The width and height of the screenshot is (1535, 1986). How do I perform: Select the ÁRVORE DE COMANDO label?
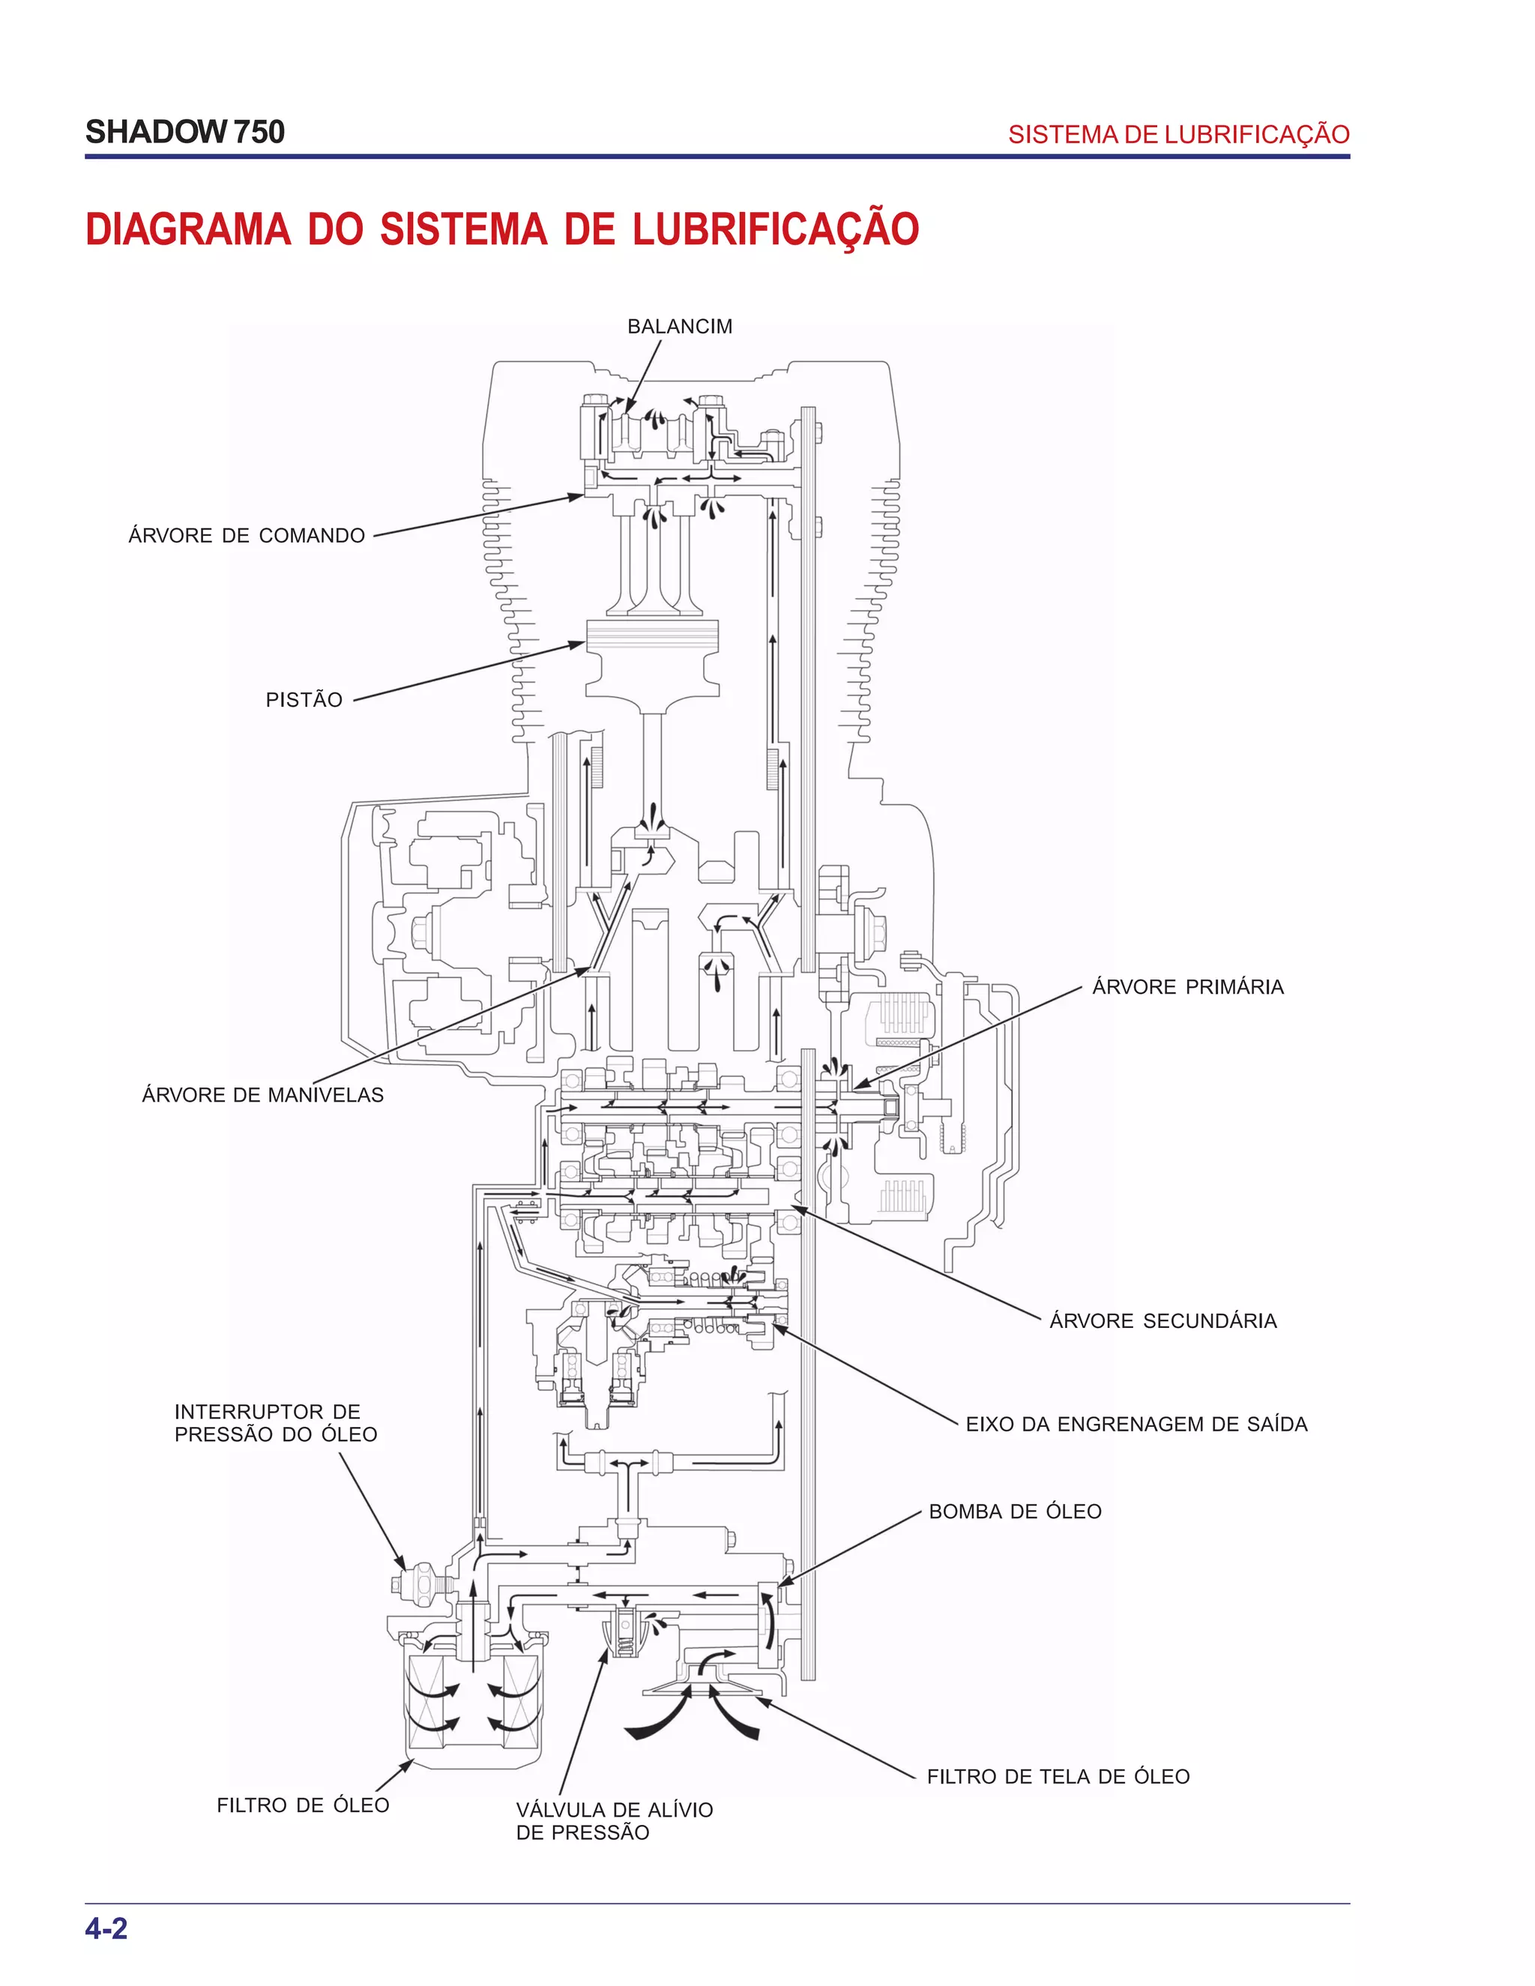247,536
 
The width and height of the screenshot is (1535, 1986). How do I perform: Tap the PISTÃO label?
304,699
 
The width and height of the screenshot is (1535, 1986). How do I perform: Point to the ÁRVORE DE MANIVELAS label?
263,1095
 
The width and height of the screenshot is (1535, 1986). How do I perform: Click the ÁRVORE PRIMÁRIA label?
1188,987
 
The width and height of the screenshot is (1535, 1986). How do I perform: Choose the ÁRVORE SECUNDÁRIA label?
1163,1321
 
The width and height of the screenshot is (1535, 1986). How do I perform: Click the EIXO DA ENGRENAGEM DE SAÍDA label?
1136,1424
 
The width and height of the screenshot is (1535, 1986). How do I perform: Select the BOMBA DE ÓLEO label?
1015,1512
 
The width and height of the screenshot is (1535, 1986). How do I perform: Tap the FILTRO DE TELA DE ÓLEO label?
1058,1776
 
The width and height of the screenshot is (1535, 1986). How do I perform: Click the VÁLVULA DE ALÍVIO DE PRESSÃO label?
614,1820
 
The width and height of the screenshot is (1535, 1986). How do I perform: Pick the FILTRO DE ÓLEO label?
303,1805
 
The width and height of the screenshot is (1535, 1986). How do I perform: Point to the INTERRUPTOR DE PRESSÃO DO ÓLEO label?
276,1423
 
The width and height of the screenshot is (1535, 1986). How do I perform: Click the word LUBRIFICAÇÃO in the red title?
776,229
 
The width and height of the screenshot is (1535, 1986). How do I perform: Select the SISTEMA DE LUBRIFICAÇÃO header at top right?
1178,135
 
